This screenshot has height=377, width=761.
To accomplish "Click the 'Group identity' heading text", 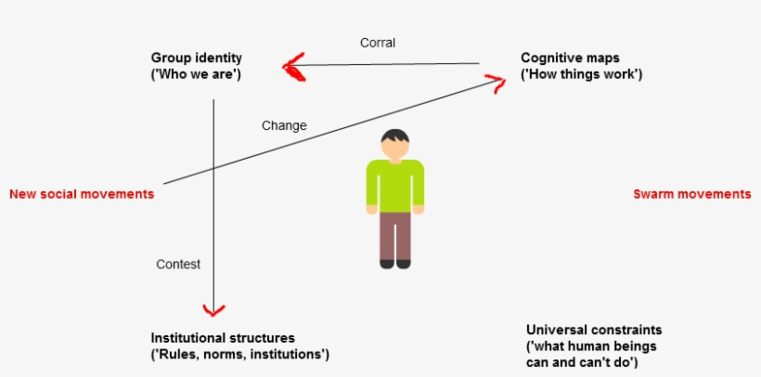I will click(196, 58).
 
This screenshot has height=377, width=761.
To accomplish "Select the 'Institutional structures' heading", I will click(222, 338).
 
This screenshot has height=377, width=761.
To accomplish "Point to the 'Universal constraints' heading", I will click(594, 330).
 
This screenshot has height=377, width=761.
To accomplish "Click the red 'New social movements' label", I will click(82, 194).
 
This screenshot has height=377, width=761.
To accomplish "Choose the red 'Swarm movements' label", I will click(691, 194).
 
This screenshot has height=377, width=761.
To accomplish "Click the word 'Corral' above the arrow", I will click(378, 43).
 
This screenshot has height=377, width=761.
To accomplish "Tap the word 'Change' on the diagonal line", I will click(284, 125).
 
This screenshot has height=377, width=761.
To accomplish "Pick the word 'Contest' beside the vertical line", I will click(178, 264).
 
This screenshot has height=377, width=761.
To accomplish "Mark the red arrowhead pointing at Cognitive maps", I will click(499, 84).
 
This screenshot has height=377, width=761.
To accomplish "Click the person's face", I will click(395, 147).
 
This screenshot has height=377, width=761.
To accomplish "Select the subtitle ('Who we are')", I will click(196, 73).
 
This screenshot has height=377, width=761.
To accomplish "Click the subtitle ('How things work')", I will click(581, 73).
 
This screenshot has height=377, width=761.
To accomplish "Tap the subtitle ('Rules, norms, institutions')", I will click(239, 354).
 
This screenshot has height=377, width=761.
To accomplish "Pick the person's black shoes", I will click(395, 264).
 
